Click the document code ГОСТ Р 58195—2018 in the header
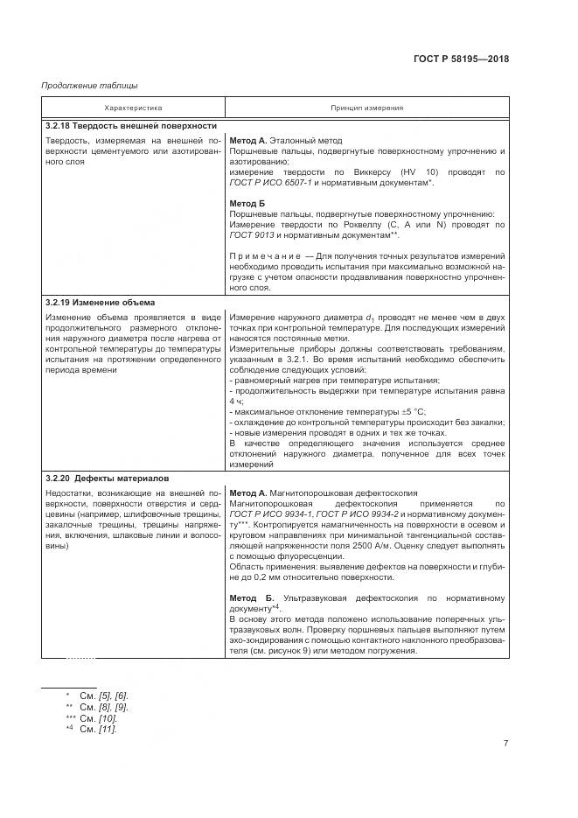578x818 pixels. tap(461, 59)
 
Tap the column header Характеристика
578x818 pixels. tap(133, 108)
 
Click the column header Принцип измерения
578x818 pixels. tap(366, 108)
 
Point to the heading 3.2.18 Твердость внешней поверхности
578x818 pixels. tap(131, 126)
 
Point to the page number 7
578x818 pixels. tap(505, 744)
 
